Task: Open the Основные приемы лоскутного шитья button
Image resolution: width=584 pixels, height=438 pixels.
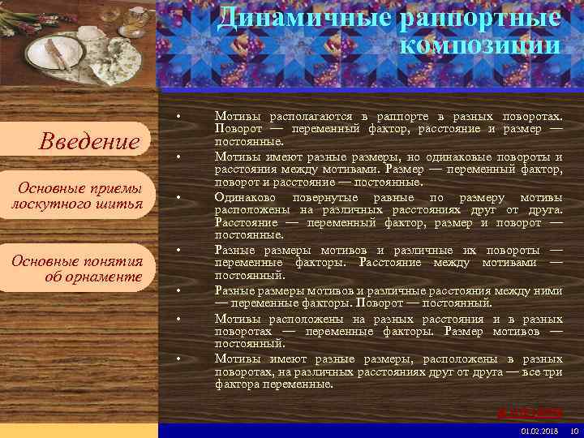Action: point(78,195)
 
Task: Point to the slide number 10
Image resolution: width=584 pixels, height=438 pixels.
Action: point(574,430)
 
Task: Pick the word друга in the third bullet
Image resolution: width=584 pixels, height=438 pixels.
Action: point(544,209)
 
